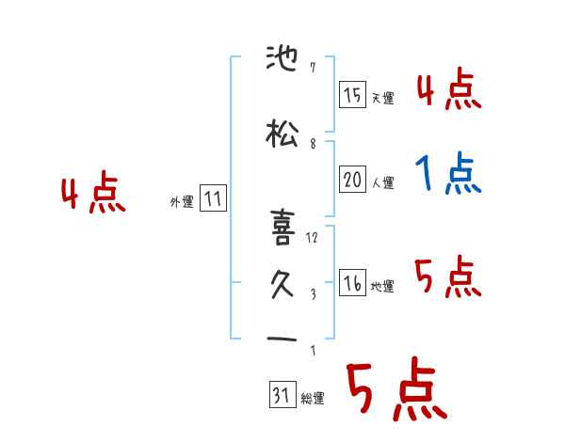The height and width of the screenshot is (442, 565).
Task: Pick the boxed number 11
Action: coord(213,199)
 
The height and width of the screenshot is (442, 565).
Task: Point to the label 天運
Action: coord(382,98)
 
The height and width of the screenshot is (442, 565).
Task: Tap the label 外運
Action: coord(181,202)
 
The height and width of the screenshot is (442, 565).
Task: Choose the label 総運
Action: coord(312,399)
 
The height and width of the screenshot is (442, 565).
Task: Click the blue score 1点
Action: coord(446,174)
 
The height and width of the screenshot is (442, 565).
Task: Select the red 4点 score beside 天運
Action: coord(448,89)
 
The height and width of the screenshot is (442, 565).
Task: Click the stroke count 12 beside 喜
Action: coord(313,237)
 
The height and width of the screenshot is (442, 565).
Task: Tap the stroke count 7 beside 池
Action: coord(312,69)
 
